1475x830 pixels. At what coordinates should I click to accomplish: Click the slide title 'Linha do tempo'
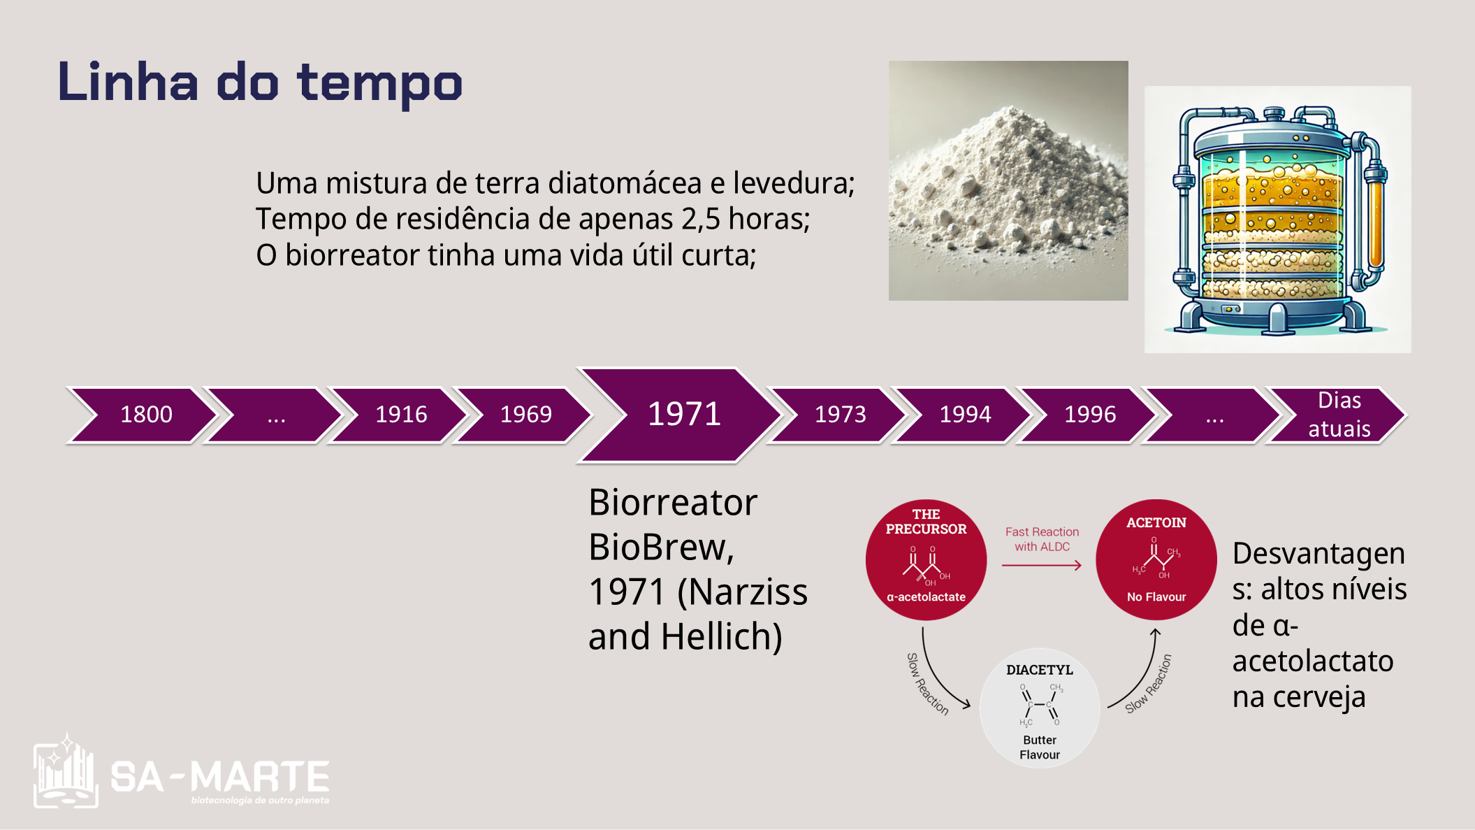(x=260, y=83)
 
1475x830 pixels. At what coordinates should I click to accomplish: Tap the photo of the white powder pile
(x=1008, y=180)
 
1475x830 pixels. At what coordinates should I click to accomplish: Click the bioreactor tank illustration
(x=1278, y=220)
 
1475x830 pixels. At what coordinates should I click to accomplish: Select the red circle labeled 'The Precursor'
(x=926, y=559)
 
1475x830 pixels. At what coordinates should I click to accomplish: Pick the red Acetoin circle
(x=1156, y=559)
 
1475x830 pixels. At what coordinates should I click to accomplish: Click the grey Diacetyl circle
(x=1040, y=708)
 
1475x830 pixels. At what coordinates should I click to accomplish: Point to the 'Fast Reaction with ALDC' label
(x=1042, y=539)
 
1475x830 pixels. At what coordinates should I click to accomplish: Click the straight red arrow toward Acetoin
(x=1042, y=565)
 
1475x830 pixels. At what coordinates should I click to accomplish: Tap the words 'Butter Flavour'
(x=1040, y=747)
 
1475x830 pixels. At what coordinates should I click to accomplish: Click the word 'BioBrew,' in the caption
(x=661, y=547)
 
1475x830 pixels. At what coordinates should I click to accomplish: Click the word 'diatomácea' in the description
(x=624, y=183)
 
